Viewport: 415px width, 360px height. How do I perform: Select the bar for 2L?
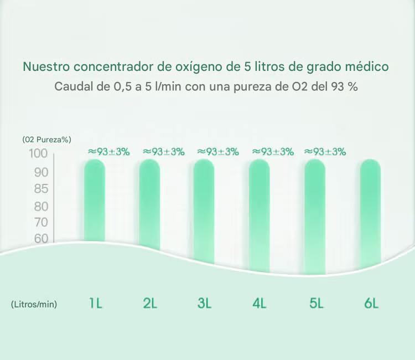pyautogui.click(x=149, y=205)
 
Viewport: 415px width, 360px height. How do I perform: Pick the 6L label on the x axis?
pyautogui.click(x=371, y=304)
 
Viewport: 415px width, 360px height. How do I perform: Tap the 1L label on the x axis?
pyautogui.click(x=95, y=304)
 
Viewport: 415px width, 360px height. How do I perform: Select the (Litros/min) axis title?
pyautogui.click(x=34, y=304)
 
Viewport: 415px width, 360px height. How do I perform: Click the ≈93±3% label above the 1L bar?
pyautogui.click(x=108, y=151)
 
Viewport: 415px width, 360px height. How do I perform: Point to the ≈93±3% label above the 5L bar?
pyautogui.click(x=325, y=151)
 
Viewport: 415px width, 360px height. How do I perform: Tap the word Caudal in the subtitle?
pyautogui.click(x=73, y=87)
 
